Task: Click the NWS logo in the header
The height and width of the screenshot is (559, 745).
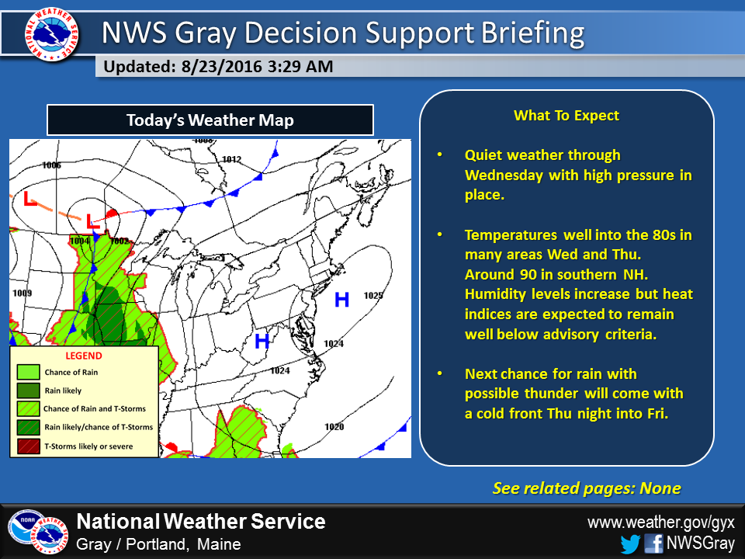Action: pyautogui.click(x=52, y=33)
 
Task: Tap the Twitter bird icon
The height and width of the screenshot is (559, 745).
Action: pyautogui.click(x=630, y=543)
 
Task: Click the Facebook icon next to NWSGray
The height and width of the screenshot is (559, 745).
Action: pyautogui.click(x=653, y=543)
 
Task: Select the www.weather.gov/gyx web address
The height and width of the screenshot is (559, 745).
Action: pyautogui.click(x=661, y=523)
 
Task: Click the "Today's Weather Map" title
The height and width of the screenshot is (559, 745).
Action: pyautogui.click(x=210, y=120)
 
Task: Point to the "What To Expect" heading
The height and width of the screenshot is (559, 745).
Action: pyautogui.click(x=567, y=116)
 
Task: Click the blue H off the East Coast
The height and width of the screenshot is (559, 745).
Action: pyautogui.click(x=342, y=300)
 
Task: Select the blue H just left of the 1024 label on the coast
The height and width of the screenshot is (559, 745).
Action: pyautogui.click(x=262, y=340)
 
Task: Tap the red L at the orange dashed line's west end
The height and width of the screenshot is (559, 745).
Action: pyautogui.click(x=30, y=198)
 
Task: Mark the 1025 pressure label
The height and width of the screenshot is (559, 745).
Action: pyautogui.click(x=373, y=296)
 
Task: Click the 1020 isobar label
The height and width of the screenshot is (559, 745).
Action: pyautogui.click(x=334, y=426)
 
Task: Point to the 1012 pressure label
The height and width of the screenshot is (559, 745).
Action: pyautogui.click(x=232, y=159)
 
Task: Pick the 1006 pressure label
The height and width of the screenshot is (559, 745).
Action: pyautogui.click(x=51, y=165)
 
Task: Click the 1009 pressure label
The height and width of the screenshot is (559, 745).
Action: pyautogui.click(x=23, y=293)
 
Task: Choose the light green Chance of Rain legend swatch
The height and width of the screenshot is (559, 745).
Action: pyautogui.click(x=29, y=372)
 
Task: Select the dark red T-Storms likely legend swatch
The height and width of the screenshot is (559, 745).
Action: pyautogui.click(x=29, y=446)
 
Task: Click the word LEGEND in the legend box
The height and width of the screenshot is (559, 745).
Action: pyautogui.click(x=84, y=356)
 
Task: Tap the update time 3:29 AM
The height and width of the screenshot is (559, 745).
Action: pyautogui.click(x=300, y=67)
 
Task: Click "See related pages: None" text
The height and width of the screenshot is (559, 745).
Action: pyautogui.click(x=587, y=488)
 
